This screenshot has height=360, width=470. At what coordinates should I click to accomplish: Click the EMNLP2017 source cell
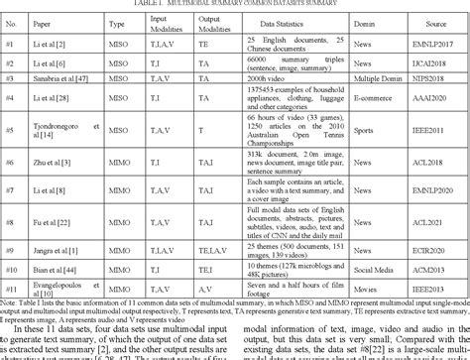click(x=437, y=45)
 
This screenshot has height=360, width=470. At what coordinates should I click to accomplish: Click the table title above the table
click(x=234, y=5)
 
